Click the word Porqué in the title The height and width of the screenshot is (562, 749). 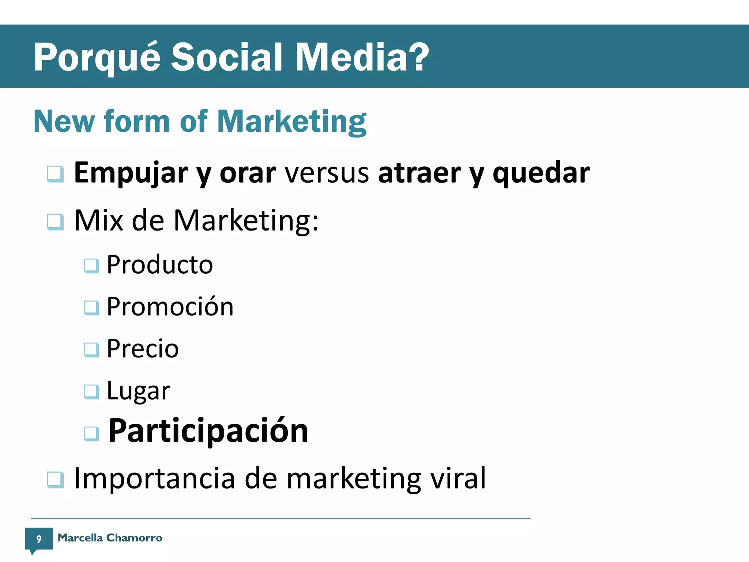pyautogui.click(x=97, y=58)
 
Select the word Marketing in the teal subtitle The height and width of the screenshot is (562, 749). pyautogui.click(x=291, y=122)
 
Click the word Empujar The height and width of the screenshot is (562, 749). pyautogui.click(x=131, y=173)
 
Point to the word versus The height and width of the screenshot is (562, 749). pyautogui.click(x=327, y=173)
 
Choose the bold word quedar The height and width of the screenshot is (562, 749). pyautogui.click(x=541, y=173)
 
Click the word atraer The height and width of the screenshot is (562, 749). pyautogui.click(x=419, y=173)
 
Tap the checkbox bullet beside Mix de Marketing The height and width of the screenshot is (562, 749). pyautogui.click(x=56, y=222)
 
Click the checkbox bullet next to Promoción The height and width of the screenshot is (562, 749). pyautogui.click(x=91, y=307)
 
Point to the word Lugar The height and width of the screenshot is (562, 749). pyautogui.click(x=138, y=391)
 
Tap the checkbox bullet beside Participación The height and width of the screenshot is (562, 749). pyautogui.click(x=91, y=434)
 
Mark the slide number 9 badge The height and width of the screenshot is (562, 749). pyautogui.click(x=39, y=539)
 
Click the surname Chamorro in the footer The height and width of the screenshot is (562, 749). pyautogui.click(x=134, y=537)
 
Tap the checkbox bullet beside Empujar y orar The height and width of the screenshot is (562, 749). pyautogui.click(x=56, y=173)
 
